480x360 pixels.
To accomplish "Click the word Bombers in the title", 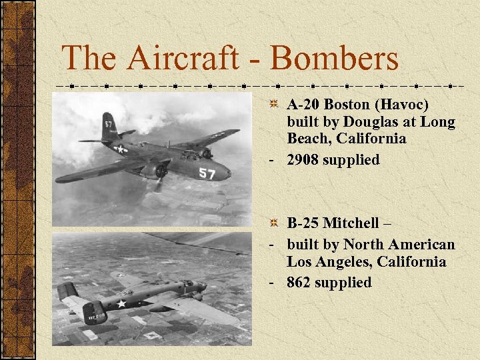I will tap(334, 59).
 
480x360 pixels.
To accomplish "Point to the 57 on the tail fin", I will tap(108, 123).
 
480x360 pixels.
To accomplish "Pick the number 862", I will tap(299, 283).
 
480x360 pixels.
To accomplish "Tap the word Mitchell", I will tap(359, 223).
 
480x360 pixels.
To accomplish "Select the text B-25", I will tap(302, 223).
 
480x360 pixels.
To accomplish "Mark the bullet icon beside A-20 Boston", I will tap(273, 105).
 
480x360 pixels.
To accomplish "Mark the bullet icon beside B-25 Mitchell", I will tap(273, 223).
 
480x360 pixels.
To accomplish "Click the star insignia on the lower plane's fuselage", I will tap(121, 304).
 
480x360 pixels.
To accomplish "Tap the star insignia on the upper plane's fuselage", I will tap(121, 149).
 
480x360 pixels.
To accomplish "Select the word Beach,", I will tap(310, 139).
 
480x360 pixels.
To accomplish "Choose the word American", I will tap(422, 245).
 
